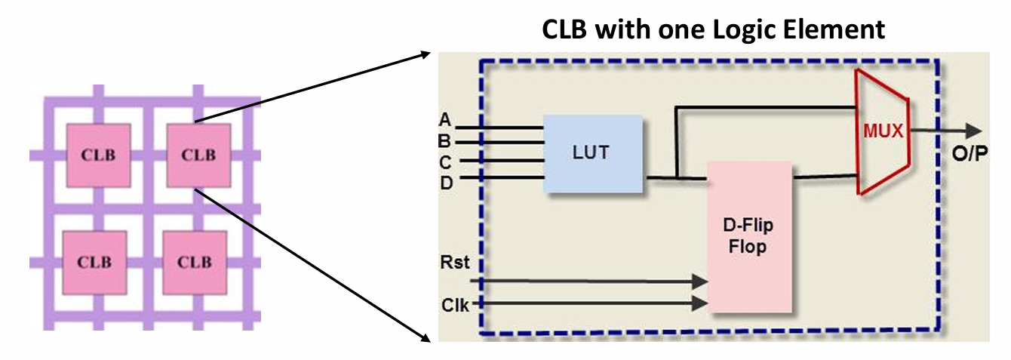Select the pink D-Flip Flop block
749,236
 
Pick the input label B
445,140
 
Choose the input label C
445,161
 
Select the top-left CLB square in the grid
98,155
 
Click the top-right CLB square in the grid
198,155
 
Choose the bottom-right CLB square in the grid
195,262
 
